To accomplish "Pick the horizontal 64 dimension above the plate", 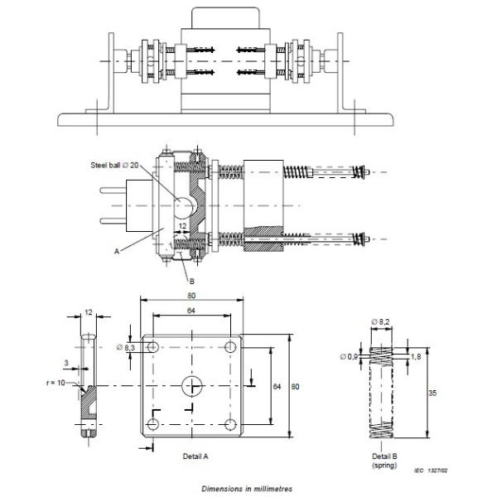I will (x=191, y=311).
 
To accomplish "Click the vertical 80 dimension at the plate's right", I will (x=296, y=387).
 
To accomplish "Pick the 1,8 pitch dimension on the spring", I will (x=416, y=355).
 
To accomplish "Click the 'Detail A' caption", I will (x=196, y=456).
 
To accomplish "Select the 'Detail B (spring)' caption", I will (x=382, y=461).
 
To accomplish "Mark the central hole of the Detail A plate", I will (x=192, y=385).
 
